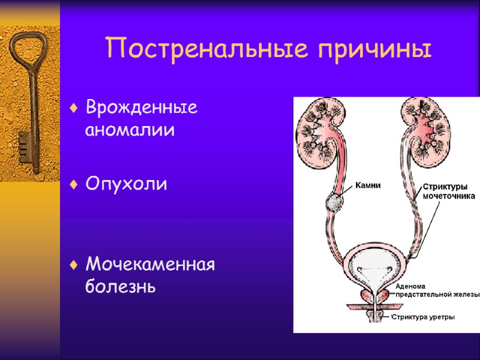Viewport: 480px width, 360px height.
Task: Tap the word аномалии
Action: pos(130,130)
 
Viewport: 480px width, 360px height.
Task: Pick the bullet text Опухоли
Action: pos(126,184)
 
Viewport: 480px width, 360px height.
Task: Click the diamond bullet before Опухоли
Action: pos(73,185)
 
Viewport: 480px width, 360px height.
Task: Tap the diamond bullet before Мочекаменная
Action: pos(73,265)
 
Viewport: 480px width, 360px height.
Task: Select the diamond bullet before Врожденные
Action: pos(73,109)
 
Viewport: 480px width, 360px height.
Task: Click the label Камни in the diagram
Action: pos(368,185)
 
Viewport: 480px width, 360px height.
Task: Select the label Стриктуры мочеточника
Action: pos(449,191)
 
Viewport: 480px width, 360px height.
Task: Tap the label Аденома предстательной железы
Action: pos(437,290)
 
